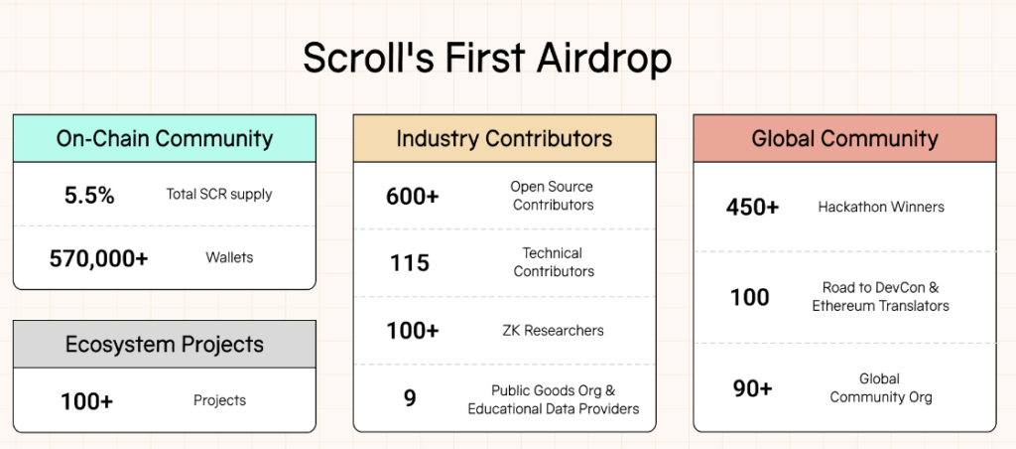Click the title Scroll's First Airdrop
487,58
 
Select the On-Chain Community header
165,138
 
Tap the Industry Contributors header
504,138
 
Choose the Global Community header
845,138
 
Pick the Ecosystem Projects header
165,344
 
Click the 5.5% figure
89,195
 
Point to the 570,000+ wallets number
99,258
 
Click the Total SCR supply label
219,194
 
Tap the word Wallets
229,257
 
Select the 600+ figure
413,196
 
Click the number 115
410,263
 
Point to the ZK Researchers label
553,330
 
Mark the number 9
410,397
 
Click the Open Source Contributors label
552,196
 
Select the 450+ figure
752,207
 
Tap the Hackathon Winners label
881,207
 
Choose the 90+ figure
753,388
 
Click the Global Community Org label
881,387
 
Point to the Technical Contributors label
554,262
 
